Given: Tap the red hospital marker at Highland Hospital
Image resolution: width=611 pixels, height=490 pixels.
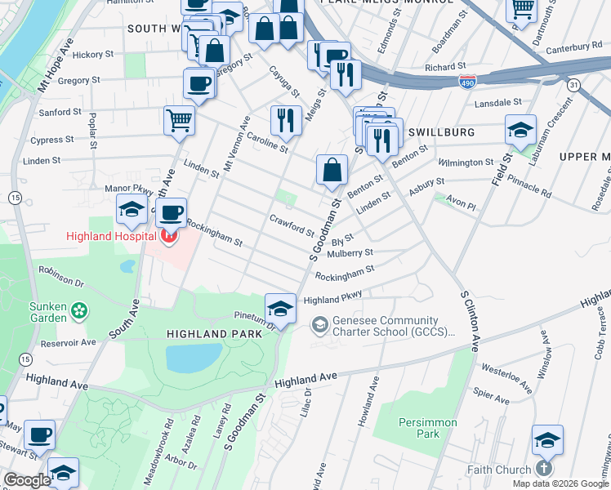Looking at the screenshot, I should coord(169,237).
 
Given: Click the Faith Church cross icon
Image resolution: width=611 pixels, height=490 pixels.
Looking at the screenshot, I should coord(545,470).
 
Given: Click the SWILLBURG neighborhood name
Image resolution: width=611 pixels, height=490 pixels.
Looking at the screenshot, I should coord(441,131).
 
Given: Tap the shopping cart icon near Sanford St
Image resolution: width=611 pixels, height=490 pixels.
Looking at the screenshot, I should coord(179,121).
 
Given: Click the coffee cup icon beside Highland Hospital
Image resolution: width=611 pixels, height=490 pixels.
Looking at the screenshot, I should coord(171,214).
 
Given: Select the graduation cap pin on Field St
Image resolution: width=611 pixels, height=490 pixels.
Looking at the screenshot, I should coord(520,129).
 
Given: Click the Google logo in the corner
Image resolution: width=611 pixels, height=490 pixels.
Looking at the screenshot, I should coord(26,480).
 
